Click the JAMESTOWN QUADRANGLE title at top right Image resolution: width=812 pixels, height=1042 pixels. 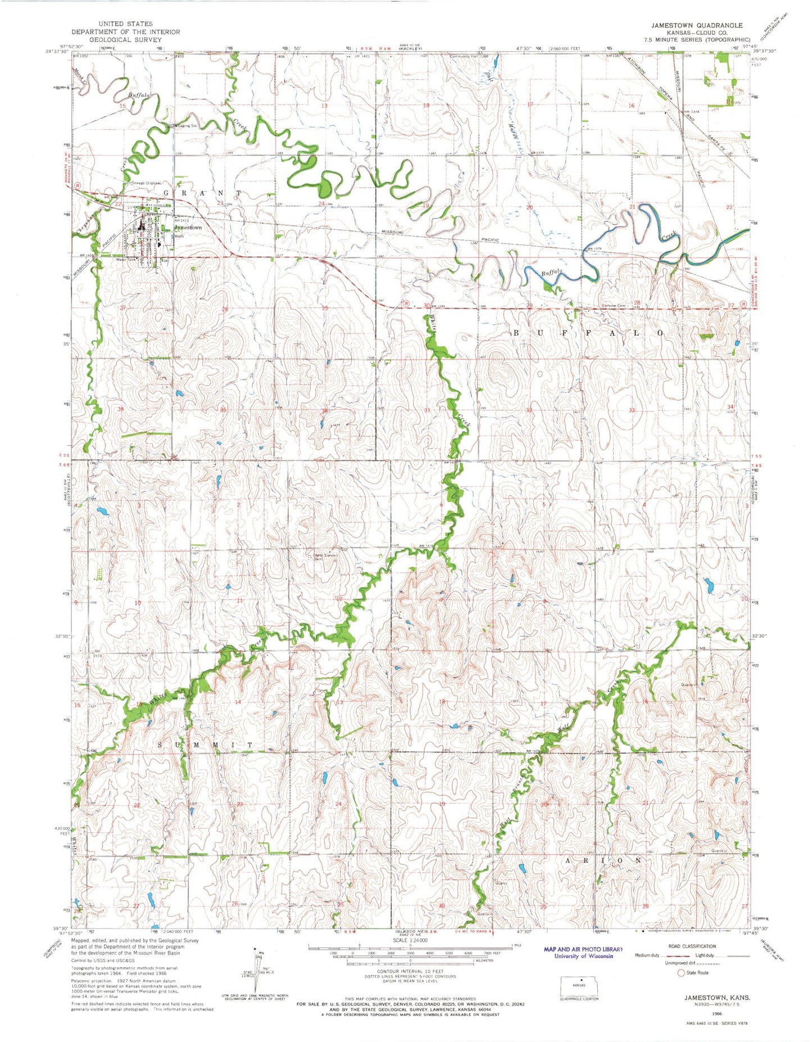tap(696, 25)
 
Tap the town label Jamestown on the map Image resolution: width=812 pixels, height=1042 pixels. tap(188, 228)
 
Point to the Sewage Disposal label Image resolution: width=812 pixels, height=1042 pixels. tap(147, 183)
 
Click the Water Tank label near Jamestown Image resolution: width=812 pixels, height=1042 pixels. tap(126, 260)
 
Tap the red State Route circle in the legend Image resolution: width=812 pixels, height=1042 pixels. tap(681, 972)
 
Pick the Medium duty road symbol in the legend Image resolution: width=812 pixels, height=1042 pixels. tap(674, 955)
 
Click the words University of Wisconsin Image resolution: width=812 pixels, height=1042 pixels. tap(583, 956)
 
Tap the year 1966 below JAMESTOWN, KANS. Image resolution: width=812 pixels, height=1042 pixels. tap(719, 1014)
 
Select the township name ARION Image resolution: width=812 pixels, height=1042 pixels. tap(602, 860)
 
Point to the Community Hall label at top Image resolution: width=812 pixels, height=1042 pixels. tap(464, 56)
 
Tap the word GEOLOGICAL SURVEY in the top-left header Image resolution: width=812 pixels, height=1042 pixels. tap(125, 40)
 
